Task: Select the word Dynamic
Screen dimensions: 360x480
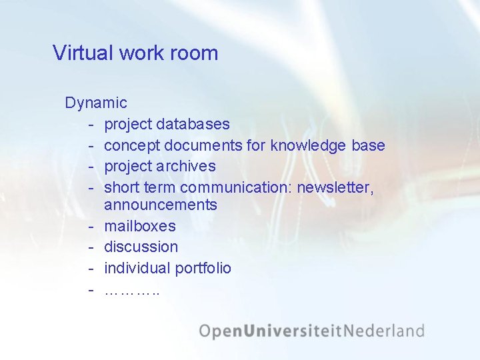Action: tap(96, 103)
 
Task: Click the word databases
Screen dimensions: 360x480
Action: tap(193, 124)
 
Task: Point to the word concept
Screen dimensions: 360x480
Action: tap(132, 145)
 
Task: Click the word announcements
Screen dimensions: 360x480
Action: tap(161, 205)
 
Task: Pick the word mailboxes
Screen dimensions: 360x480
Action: tap(140, 226)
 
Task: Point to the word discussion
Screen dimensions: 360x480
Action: tap(141, 247)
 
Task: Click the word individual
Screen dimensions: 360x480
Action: tap(137, 268)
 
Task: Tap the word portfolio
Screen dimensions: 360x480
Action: tap(203, 268)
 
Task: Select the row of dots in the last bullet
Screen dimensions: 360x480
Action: tap(132, 291)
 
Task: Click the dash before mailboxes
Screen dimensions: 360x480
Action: tap(89, 226)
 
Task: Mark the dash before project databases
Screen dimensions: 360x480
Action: tap(89, 124)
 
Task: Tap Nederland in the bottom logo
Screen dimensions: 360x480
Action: tap(387, 331)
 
